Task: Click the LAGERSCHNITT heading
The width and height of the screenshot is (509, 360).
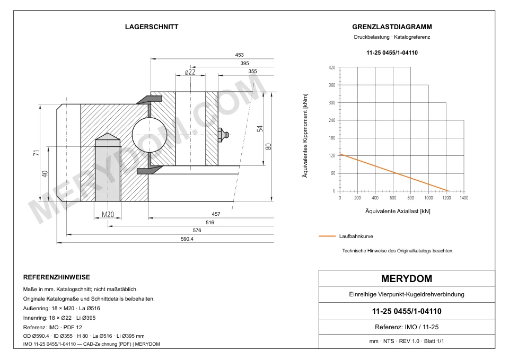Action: point(152,27)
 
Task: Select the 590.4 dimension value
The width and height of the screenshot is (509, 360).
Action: point(187,239)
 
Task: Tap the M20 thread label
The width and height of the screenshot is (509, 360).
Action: point(108,214)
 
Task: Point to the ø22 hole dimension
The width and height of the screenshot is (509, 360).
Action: point(190,72)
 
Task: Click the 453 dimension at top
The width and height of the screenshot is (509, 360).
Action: point(239,55)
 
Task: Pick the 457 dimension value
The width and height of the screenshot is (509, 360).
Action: point(216,214)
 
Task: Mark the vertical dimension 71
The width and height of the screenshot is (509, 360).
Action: point(37,153)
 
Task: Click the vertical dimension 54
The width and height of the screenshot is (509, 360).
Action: point(260,128)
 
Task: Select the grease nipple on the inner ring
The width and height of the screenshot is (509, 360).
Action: point(224,134)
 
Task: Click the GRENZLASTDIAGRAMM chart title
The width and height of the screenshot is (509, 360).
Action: point(392,27)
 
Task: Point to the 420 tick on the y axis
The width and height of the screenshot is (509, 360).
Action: point(332,67)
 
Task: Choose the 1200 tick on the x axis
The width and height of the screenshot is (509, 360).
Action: point(446,198)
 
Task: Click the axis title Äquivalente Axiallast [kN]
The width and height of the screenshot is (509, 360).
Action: point(398,212)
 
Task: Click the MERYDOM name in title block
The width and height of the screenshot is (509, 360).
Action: point(407,278)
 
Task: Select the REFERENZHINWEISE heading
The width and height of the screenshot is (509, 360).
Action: point(57,277)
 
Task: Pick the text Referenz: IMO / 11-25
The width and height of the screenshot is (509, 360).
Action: point(407,327)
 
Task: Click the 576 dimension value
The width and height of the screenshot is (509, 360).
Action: point(197,231)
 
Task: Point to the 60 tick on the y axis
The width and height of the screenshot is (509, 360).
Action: point(333,173)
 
